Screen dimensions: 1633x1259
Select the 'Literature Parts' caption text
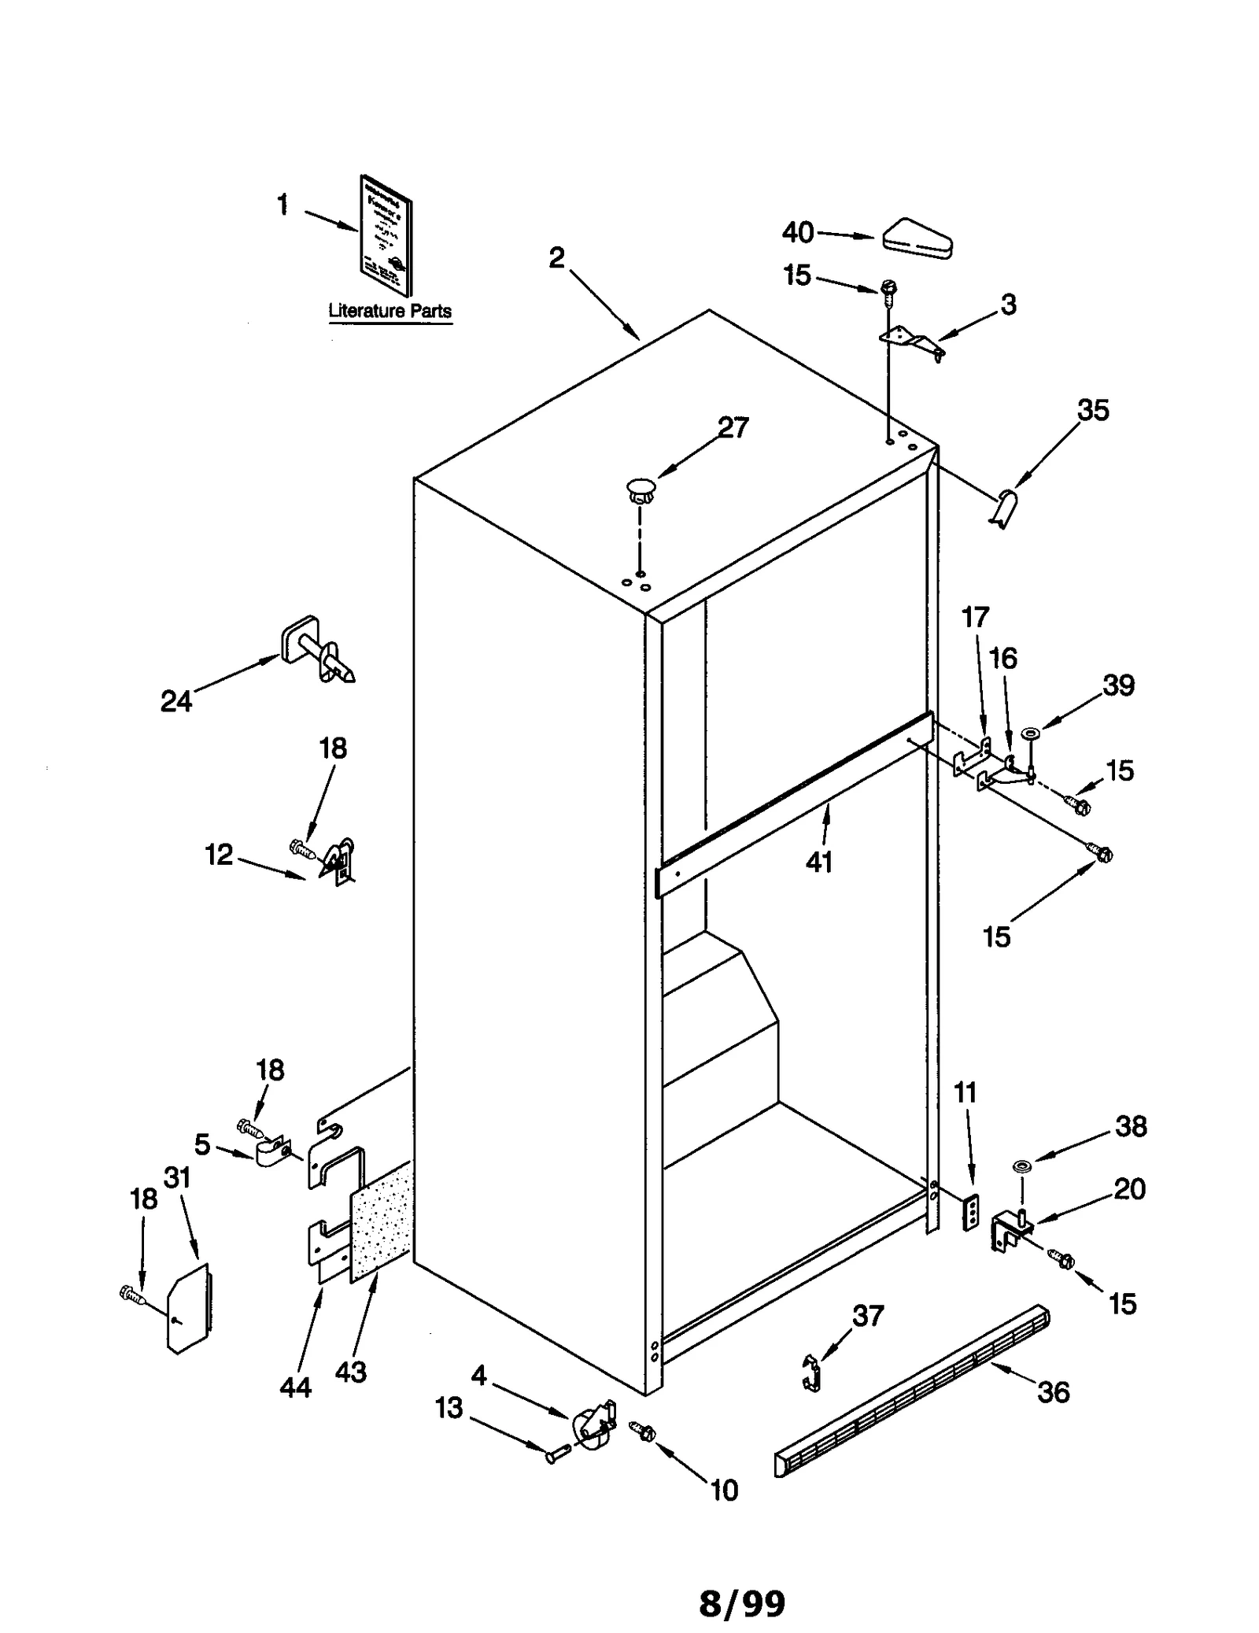pyautogui.click(x=390, y=311)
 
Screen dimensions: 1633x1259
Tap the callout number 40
pyautogui.click(x=797, y=232)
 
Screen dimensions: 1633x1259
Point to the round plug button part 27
pyautogui.click(x=641, y=488)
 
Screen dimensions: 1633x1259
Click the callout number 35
pyautogui.click(x=1092, y=410)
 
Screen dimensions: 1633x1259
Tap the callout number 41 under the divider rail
pyautogui.click(x=818, y=862)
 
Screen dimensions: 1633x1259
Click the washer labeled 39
pyautogui.click(x=1029, y=733)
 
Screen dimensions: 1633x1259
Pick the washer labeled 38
pyautogui.click(x=1021, y=1165)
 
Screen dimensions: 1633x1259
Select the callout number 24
pyautogui.click(x=175, y=700)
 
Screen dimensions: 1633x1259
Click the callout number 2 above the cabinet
pyautogui.click(x=556, y=257)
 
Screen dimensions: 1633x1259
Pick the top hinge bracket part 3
pyautogui.click(x=913, y=342)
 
